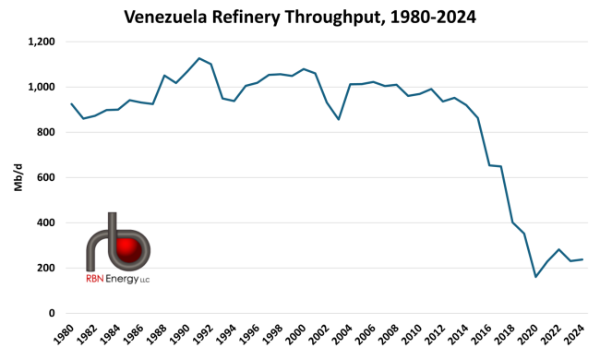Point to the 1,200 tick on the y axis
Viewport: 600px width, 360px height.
(x=40, y=42)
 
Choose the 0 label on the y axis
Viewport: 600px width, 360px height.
(x=53, y=313)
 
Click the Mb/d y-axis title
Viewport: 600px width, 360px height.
(x=18, y=178)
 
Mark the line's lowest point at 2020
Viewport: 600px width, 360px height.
(x=535, y=277)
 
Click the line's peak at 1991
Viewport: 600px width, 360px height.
(x=199, y=58)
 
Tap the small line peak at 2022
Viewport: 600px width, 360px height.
(x=558, y=249)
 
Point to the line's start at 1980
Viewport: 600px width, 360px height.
(x=71, y=103)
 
